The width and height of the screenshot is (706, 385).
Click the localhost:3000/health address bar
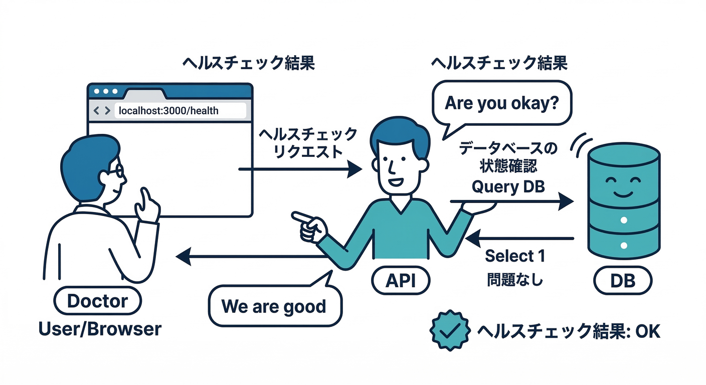coord(181,110)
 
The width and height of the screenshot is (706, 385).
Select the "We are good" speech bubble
coord(274,306)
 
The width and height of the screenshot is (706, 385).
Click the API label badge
coord(401,281)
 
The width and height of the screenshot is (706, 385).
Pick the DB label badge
coord(623,281)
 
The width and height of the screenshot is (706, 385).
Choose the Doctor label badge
coord(97,301)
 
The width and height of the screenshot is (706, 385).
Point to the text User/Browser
coord(100,329)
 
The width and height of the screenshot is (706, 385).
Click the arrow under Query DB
coord(511,202)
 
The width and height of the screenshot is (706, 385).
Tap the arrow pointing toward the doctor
coord(251,257)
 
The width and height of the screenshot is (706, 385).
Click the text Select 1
coord(514,256)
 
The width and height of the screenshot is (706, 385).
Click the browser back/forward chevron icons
coord(102,110)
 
